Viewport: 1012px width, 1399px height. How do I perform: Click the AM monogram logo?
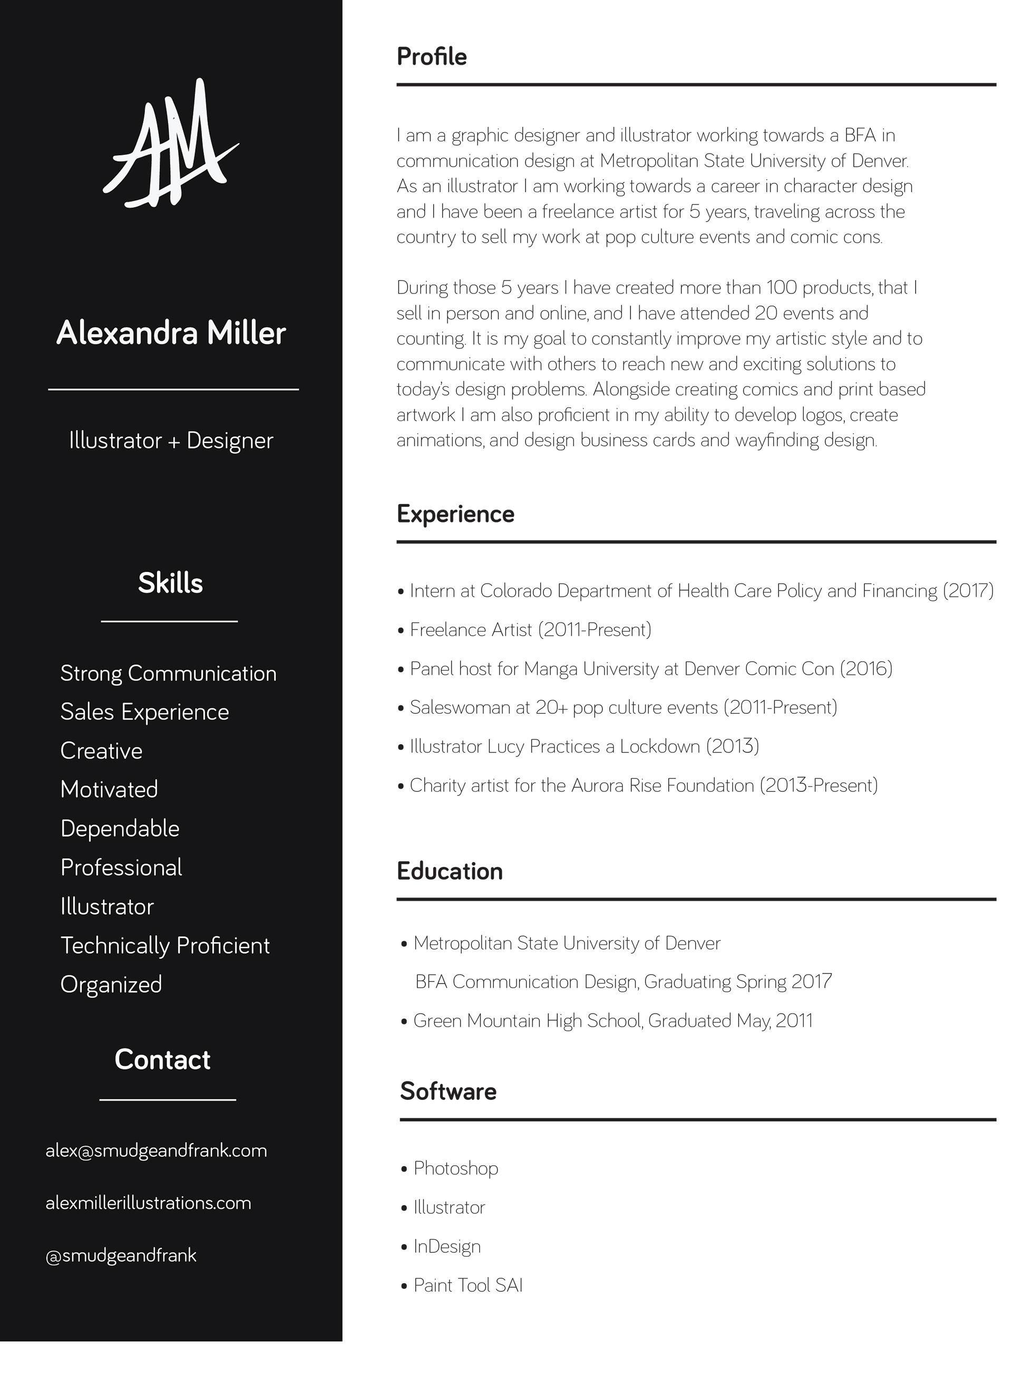click(170, 144)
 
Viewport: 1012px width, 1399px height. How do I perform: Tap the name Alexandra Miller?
click(171, 333)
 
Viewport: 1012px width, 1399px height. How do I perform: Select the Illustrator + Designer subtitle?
click(171, 440)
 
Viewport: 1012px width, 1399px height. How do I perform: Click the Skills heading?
click(170, 583)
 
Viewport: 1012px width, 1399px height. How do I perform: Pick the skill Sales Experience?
click(144, 712)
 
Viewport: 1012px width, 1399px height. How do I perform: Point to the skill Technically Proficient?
click(165, 945)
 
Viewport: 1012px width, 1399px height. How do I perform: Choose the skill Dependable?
click(120, 829)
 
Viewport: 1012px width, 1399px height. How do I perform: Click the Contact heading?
click(162, 1060)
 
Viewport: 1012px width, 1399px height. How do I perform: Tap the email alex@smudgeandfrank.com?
click(156, 1151)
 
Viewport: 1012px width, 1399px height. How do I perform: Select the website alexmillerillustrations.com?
click(148, 1203)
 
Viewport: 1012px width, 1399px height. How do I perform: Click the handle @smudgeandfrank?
click(121, 1255)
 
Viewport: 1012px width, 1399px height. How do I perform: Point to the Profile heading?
click(431, 57)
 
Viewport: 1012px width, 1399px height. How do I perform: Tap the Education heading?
click(449, 871)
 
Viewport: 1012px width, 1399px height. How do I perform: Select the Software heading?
click(448, 1091)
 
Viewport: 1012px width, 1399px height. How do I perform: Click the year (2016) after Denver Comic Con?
click(866, 668)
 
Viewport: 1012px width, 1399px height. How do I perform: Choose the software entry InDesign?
click(447, 1247)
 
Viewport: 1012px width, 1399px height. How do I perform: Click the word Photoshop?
click(455, 1168)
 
